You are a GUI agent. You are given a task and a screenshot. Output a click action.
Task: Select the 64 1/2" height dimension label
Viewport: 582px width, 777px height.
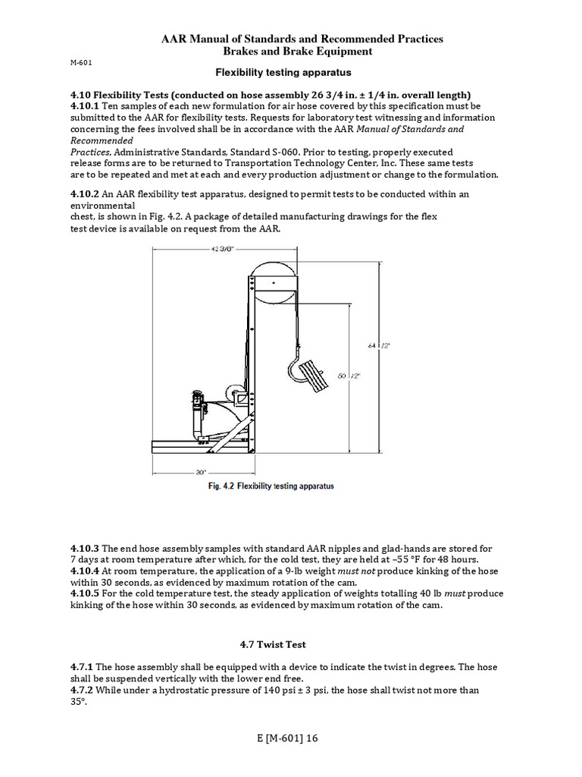[x=379, y=345]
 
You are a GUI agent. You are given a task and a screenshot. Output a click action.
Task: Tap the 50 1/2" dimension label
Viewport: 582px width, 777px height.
[x=349, y=376]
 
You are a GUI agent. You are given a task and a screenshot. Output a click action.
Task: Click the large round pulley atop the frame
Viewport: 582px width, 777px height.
[x=274, y=278]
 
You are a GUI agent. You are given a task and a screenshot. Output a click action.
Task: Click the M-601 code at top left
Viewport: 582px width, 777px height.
[x=81, y=63]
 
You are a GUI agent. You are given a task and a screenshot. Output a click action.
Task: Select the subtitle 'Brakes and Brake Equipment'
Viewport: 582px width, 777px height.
[x=291, y=51]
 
